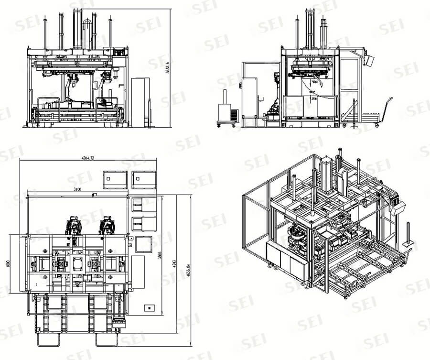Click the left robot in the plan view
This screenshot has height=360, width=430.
pos(74,224)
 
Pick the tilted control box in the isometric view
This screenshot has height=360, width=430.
pos(398,209)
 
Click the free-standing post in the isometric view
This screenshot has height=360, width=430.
pos(408,234)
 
